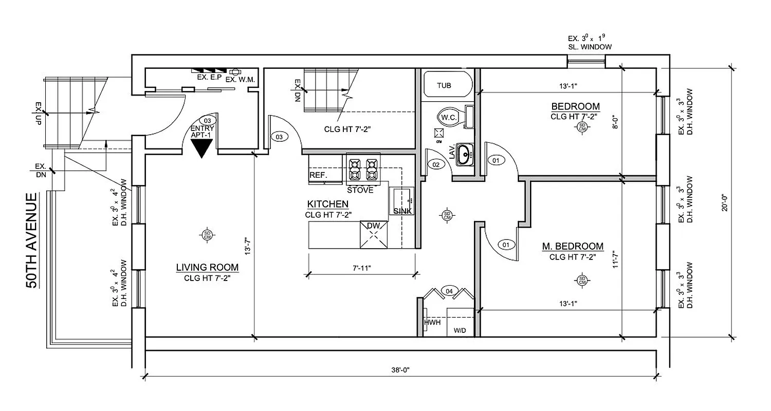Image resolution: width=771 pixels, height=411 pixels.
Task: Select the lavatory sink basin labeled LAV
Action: pos(465,153)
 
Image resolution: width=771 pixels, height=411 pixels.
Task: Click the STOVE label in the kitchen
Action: pos(360,190)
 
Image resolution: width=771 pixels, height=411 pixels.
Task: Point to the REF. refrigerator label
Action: pos(318,176)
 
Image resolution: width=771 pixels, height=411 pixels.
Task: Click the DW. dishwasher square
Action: pos(374,235)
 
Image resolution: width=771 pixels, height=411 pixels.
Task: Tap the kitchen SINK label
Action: pos(402,211)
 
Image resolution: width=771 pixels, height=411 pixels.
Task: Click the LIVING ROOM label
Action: pos(207,267)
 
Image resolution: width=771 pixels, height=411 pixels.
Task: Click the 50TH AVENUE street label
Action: pos(32,241)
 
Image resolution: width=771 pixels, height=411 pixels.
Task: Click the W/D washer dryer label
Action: pos(460,330)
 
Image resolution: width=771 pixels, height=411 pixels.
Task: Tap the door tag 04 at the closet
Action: pos(449,291)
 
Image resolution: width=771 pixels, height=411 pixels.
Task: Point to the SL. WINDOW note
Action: pos(590,47)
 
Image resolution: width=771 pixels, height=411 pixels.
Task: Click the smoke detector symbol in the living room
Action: pos(208,234)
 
